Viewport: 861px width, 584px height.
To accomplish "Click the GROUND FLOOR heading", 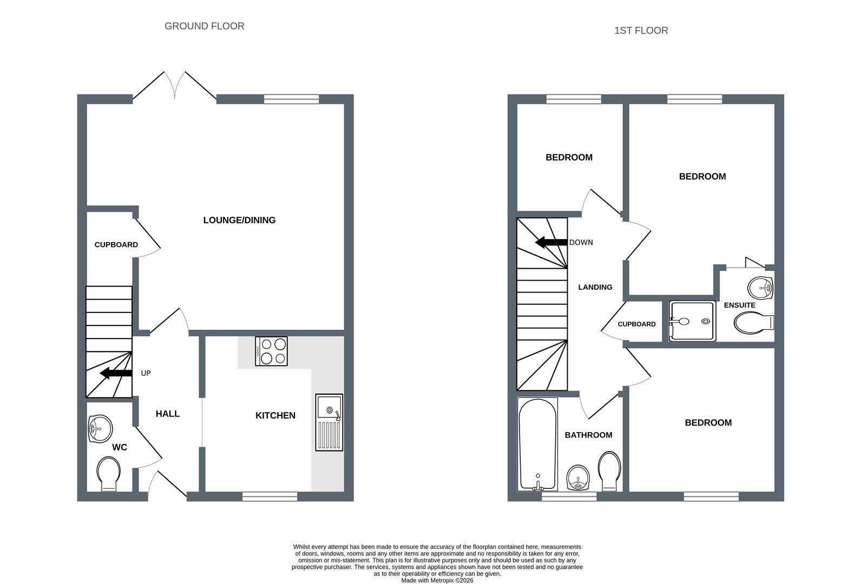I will click(x=204, y=26).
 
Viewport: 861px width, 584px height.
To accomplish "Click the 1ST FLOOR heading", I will click(x=641, y=30).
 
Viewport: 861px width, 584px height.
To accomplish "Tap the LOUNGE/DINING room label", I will click(x=239, y=220).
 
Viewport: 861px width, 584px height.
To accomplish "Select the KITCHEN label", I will click(x=275, y=415).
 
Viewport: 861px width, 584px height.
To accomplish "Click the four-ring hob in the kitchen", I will click(x=271, y=351).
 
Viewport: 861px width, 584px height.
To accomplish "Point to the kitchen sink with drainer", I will click(x=329, y=422).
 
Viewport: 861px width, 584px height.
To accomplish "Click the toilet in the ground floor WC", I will click(x=109, y=474).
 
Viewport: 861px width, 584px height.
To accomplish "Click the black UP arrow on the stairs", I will click(x=116, y=373).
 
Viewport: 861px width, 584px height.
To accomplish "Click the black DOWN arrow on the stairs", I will click(x=551, y=242).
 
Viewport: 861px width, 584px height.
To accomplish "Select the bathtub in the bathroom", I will click(x=537, y=444).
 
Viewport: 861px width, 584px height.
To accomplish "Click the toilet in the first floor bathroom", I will click(x=609, y=470).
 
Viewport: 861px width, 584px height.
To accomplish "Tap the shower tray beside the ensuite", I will click(x=693, y=321).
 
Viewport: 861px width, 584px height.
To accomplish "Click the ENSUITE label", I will click(x=739, y=305).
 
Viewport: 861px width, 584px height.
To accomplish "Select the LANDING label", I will click(x=595, y=287).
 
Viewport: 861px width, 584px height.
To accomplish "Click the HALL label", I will click(x=167, y=414).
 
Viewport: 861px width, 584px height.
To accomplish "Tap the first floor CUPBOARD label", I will click(x=636, y=324).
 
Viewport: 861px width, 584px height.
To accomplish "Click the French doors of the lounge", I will click(x=175, y=87).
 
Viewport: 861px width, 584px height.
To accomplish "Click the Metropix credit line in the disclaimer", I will click(x=437, y=580).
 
